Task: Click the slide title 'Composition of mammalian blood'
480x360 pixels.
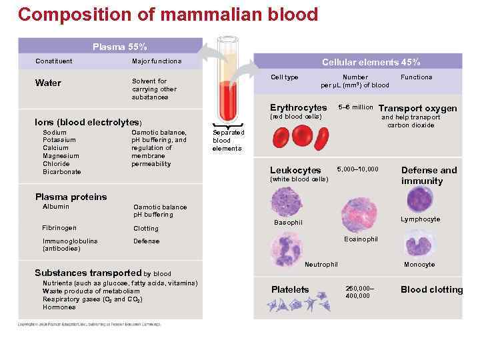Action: (x=168, y=14)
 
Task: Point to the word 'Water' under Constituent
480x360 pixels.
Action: (x=48, y=83)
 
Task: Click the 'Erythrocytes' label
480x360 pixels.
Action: (x=298, y=107)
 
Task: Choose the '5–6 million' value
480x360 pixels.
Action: (x=355, y=107)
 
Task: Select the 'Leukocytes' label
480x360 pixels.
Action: (x=295, y=170)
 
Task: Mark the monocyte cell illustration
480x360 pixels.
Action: (x=419, y=243)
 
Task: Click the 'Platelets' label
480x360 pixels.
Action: (x=290, y=289)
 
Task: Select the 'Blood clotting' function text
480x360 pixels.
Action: (x=431, y=289)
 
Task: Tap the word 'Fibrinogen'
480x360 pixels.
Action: (x=59, y=228)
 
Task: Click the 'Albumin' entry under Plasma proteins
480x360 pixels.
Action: (x=55, y=207)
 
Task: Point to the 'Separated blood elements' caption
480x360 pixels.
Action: (x=228, y=141)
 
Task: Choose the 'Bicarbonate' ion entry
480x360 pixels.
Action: (x=61, y=172)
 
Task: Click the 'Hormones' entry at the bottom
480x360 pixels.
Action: (x=59, y=307)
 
